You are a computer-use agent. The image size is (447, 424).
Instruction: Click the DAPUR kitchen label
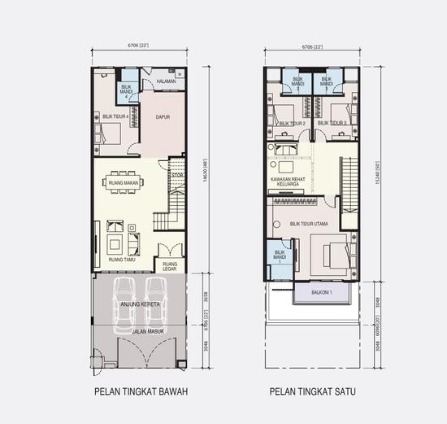[x=163, y=117]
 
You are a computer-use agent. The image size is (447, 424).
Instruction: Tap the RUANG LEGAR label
[x=170, y=267]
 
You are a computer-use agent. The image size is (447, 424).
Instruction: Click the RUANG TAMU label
[x=120, y=260]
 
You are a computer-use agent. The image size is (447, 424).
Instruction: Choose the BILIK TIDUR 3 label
[x=332, y=124]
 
